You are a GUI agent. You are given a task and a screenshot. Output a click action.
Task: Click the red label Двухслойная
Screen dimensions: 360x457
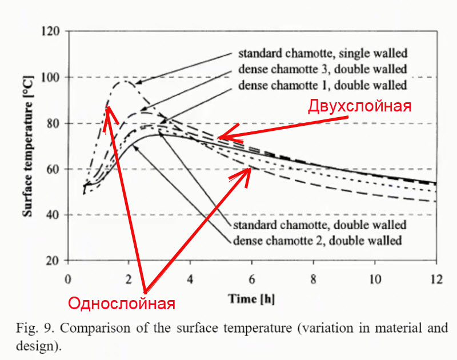pyautogui.click(x=360, y=106)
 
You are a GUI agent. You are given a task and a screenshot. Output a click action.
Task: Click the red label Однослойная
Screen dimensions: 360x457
pyautogui.click(x=121, y=303)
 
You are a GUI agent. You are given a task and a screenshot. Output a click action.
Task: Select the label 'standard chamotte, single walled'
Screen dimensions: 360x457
pyautogui.click(x=322, y=54)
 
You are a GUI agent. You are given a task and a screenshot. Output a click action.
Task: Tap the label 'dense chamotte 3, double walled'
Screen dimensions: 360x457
pyautogui.click(x=322, y=70)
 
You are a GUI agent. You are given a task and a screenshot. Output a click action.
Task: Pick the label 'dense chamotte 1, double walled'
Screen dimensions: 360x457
pyautogui.click(x=322, y=86)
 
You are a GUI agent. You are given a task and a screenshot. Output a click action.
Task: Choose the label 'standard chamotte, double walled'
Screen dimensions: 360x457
pyautogui.click(x=320, y=224)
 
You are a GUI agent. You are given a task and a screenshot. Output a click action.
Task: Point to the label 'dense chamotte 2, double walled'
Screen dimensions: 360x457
pyautogui.click(x=318, y=239)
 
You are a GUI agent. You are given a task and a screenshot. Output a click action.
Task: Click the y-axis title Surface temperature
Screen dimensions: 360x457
pyautogui.click(x=27, y=146)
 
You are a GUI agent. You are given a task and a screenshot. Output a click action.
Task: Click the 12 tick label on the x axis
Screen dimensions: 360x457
pyautogui.click(x=436, y=279)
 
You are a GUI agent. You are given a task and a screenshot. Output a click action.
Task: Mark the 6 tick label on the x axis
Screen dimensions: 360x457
pyautogui.click(x=252, y=279)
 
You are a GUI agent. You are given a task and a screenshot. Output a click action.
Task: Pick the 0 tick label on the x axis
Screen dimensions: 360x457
pyautogui.click(x=68, y=279)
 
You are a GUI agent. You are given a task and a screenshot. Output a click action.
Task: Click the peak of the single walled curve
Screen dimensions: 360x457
pyautogui.click(x=125, y=81)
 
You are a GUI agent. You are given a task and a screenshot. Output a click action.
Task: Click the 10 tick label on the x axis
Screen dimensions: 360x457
pyautogui.click(x=374, y=279)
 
